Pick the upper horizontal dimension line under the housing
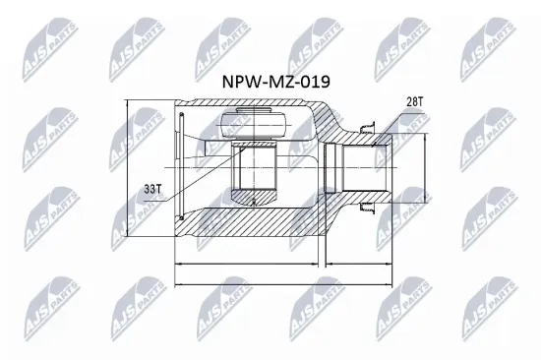(250, 264)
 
